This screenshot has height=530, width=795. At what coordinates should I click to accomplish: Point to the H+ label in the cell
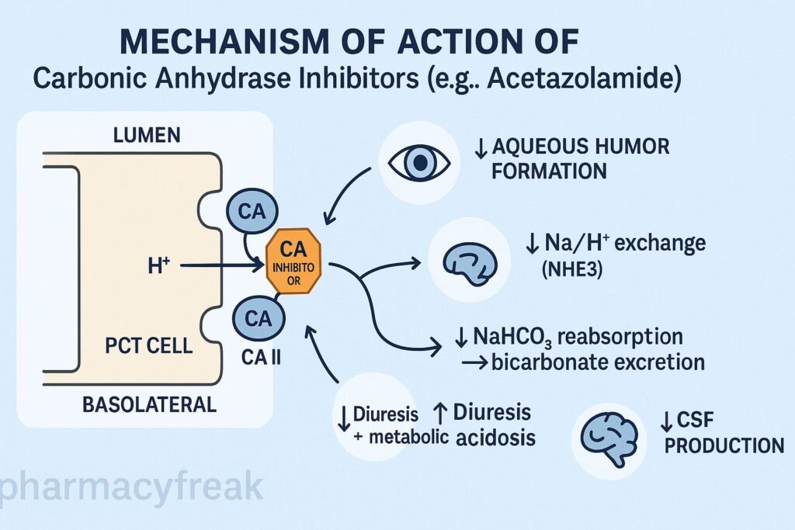158,266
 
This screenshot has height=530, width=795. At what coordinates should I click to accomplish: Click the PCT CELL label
148,345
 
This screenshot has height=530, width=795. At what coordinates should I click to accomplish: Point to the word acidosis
496,437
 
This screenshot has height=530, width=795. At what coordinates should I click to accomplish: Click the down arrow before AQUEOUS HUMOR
481,147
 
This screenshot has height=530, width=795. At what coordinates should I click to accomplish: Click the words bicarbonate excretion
598,362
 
